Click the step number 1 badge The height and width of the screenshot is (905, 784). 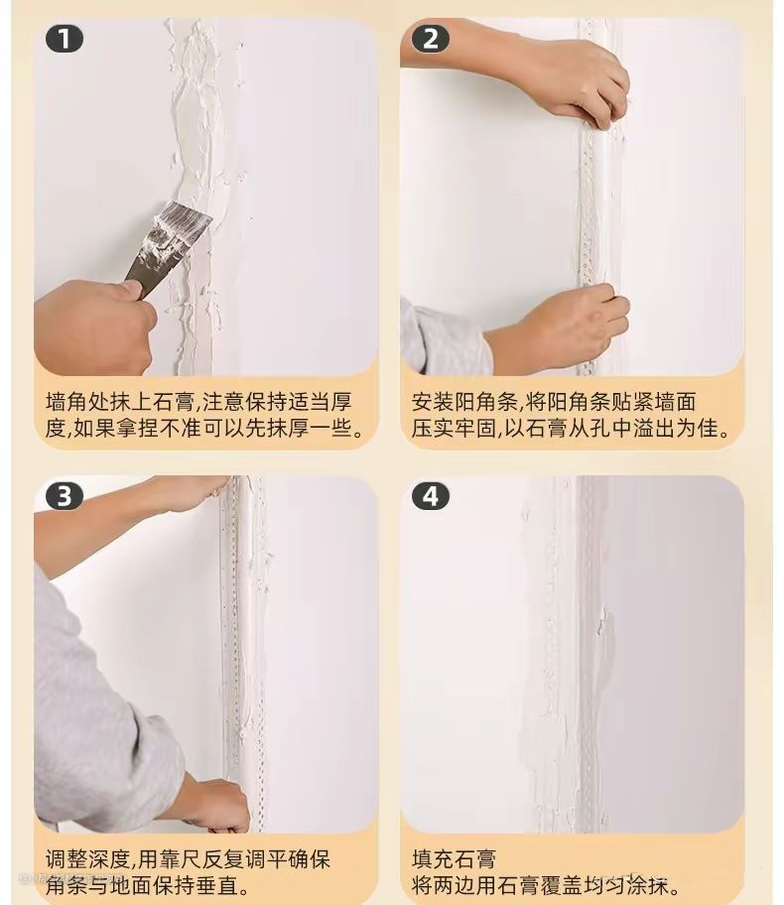65,40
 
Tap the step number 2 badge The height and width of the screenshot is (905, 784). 430,40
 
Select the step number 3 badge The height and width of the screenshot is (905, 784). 65,496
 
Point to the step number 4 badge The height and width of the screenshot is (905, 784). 430,496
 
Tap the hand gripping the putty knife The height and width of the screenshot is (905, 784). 95,326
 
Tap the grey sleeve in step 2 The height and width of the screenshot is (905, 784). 442,340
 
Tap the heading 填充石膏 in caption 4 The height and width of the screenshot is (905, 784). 455,858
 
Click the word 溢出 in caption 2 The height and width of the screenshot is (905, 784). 645,429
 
